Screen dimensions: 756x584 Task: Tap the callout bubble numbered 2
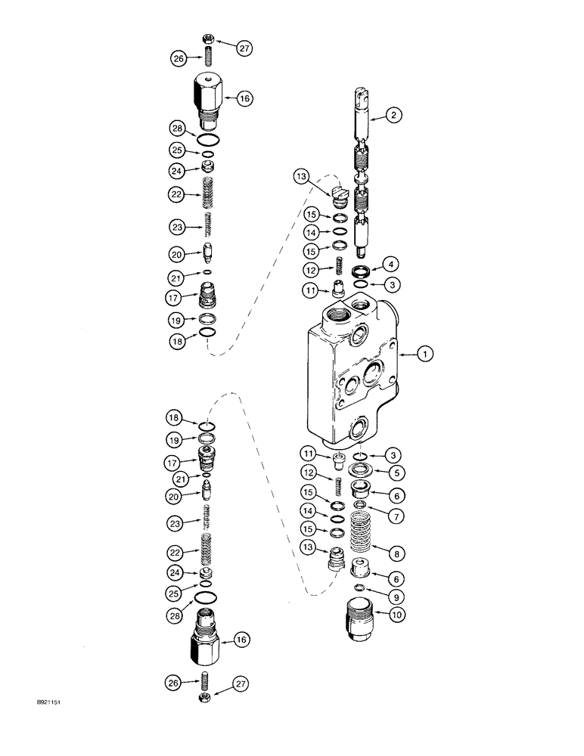pyautogui.click(x=394, y=116)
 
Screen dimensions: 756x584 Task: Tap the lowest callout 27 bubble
pyautogui.click(x=243, y=684)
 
